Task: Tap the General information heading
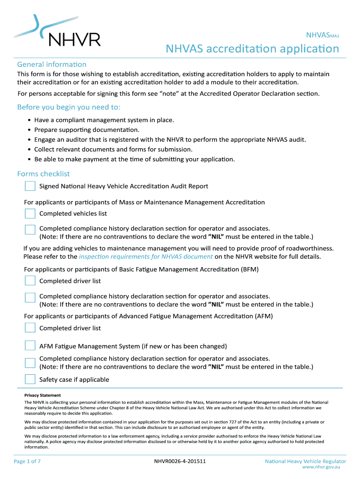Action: click(51, 64)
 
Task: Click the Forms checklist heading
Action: click(43, 174)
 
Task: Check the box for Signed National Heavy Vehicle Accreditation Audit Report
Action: click(30, 186)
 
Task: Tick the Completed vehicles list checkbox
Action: click(30, 214)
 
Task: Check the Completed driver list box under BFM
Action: click(30, 281)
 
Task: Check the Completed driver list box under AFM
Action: click(30, 328)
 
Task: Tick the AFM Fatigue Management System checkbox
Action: click(30, 346)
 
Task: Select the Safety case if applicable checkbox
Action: click(30, 379)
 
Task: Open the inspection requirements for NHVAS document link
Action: click(146, 256)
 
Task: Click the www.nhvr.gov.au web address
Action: click(321, 467)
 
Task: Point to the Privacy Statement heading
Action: click(43, 395)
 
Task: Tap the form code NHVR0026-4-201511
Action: click(180, 461)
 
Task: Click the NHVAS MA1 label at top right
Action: click(322, 35)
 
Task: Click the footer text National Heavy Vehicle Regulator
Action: click(305, 461)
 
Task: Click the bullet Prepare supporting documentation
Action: click(86, 130)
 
